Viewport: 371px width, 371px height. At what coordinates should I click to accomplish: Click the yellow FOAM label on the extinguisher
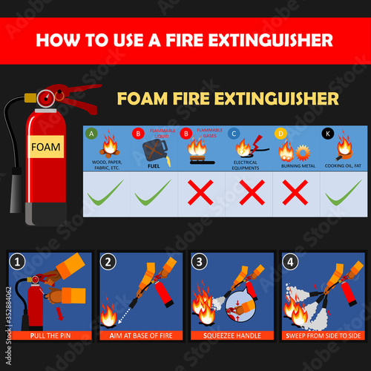(46, 146)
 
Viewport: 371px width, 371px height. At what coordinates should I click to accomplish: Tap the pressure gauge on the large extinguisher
(47, 96)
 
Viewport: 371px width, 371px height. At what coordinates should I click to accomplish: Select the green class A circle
(92, 134)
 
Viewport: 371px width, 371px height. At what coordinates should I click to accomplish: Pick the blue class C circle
(234, 134)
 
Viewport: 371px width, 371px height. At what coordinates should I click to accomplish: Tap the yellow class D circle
(280, 134)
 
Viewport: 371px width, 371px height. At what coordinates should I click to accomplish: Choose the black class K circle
(328, 134)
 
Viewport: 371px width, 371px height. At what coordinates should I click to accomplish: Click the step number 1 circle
(17, 261)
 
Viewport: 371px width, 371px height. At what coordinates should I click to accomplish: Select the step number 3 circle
(200, 261)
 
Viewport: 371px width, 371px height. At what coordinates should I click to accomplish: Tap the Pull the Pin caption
(50, 335)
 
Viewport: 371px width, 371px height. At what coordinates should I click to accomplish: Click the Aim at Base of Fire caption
(141, 335)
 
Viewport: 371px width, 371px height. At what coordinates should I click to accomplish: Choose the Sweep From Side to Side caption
(323, 335)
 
